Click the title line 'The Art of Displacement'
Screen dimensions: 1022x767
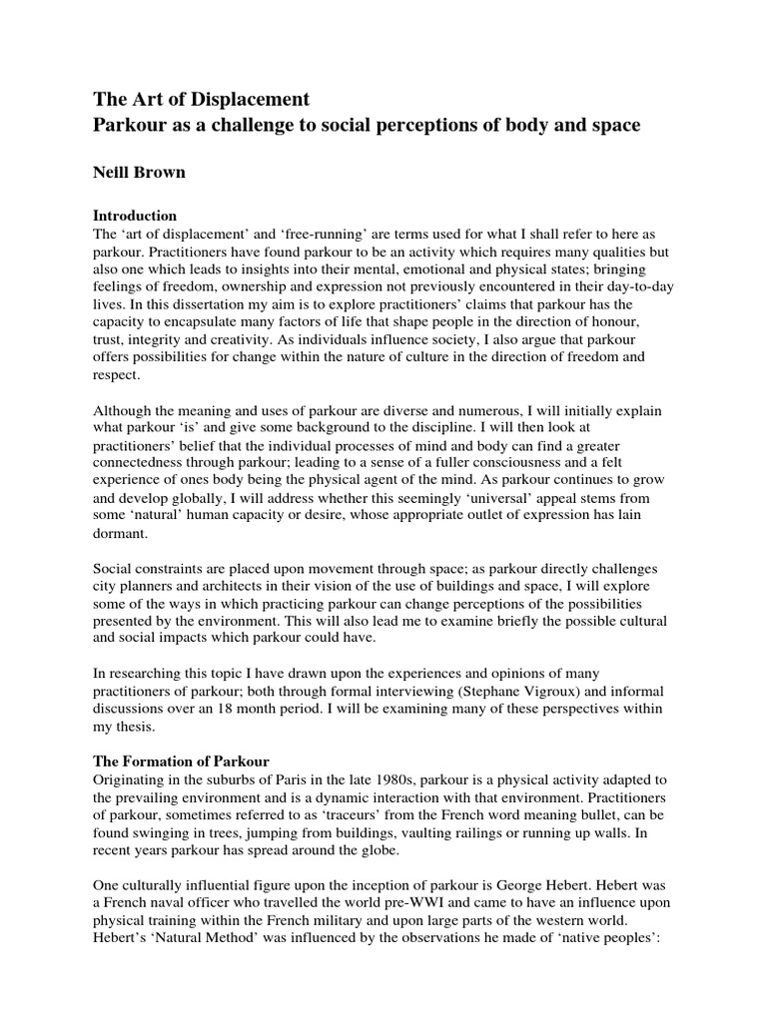coord(201,99)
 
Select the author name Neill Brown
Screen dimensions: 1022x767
coord(141,172)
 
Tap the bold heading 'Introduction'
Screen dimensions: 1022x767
coord(135,215)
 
